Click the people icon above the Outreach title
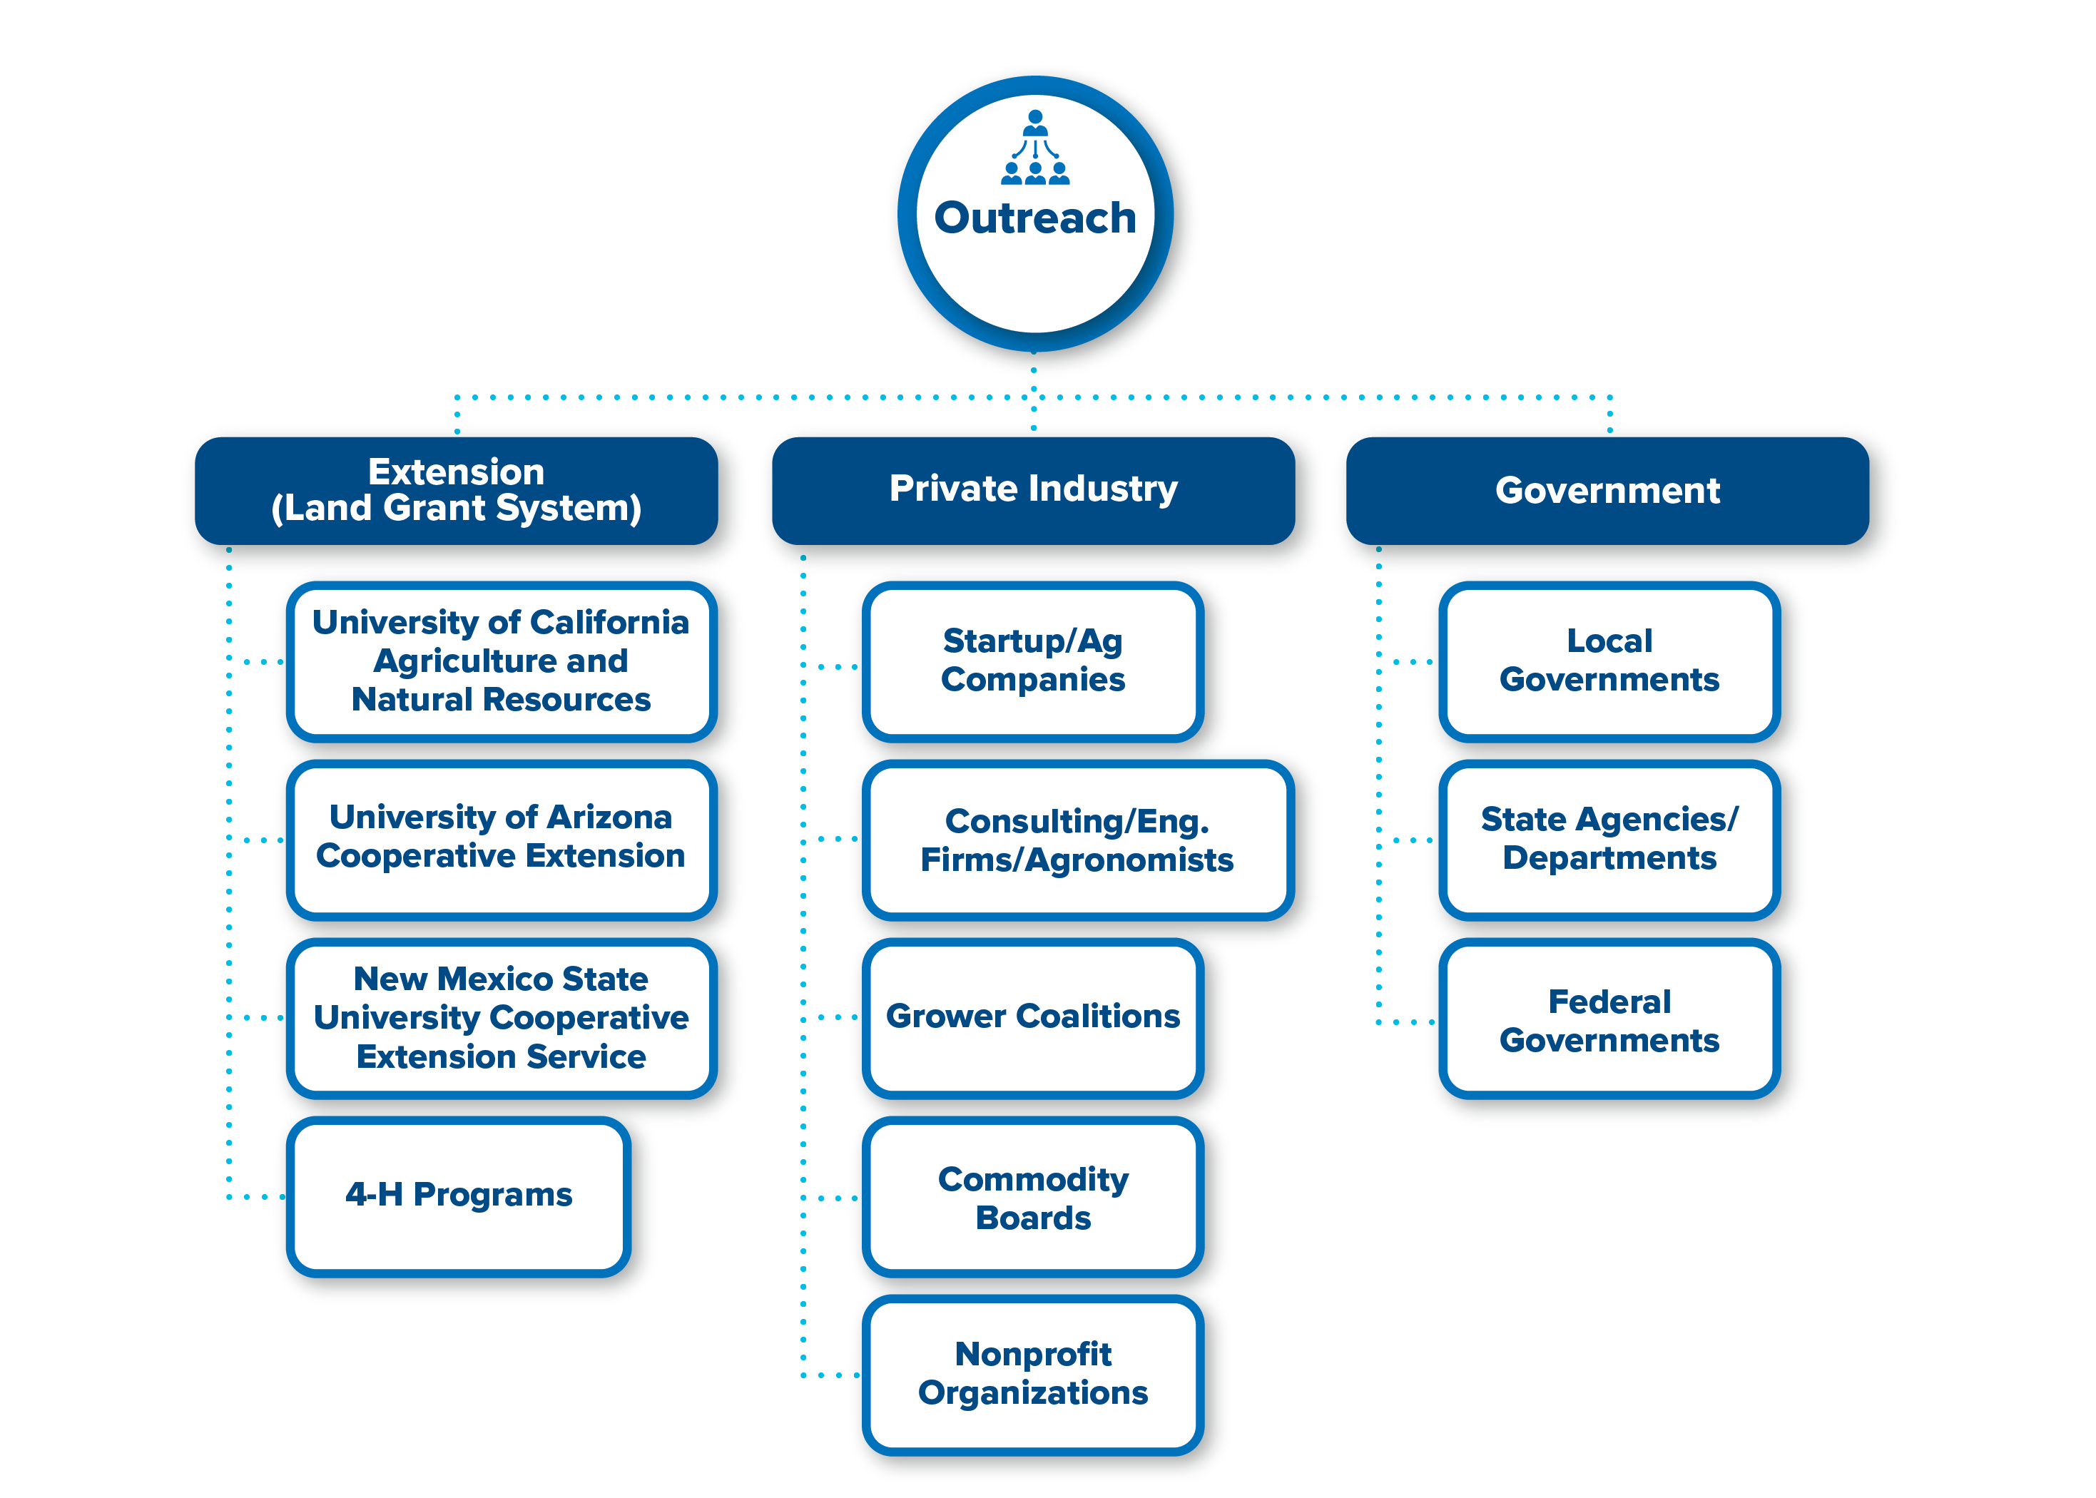pyautogui.click(x=1035, y=148)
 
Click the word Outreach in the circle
pyautogui.click(x=1035, y=218)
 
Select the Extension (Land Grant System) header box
pyautogui.click(x=457, y=491)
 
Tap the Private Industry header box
pyautogui.click(x=1033, y=491)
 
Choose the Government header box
pyautogui.click(x=1608, y=491)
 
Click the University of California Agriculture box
pyautogui.click(x=502, y=661)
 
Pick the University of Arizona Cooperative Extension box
pyautogui.click(x=502, y=840)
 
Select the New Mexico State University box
pyautogui.click(x=502, y=1017)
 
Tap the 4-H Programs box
pyautogui.click(x=459, y=1196)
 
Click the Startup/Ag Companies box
pyautogui.click(x=1033, y=661)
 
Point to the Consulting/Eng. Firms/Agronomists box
pyautogui.click(x=1077, y=840)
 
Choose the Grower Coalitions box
pyautogui.click(x=1033, y=1017)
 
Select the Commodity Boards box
pyautogui.click(x=1033, y=1196)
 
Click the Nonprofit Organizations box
pyautogui.click(x=1033, y=1375)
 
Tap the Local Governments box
pyautogui.click(x=1610, y=661)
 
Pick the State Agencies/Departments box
pyautogui.click(x=1610, y=840)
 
